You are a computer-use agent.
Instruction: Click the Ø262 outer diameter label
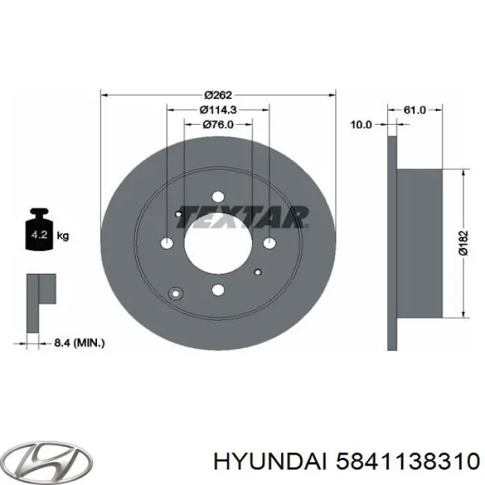[x=217, y=95]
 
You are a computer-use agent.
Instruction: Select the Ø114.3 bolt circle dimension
[x=217, y=109]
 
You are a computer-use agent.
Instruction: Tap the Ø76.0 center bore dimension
[x=217, y=124]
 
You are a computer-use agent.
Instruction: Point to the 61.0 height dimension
[x=414, y=109]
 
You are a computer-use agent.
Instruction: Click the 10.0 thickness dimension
[x=361, y=125]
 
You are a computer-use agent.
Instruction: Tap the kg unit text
[x=63, y=236]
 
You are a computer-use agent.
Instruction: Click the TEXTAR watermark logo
[x=242, y=217]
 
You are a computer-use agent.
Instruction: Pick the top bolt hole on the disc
[x=217, y=196]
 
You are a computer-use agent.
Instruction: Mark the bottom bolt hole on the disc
[x=217, y=290]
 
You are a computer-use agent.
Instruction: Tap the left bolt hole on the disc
[x=168, y=242]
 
